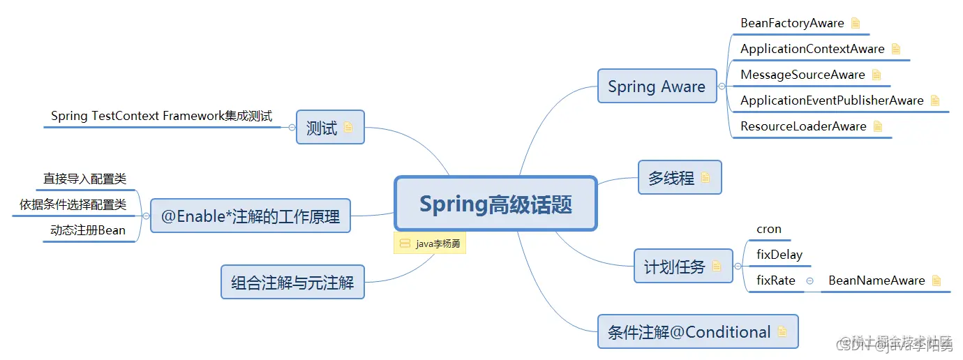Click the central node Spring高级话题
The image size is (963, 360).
click(495, 204)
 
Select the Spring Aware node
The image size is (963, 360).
click(657, 87)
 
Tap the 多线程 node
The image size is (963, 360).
click(671, 178)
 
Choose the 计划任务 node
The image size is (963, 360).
click(674, 267)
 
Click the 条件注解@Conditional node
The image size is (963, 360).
click(689, 332)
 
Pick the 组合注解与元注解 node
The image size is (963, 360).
click(292, 283)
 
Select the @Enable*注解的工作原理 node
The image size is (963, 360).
click(251, 216)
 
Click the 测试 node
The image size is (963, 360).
click(322, 128)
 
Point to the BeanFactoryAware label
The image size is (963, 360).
click(792, 23)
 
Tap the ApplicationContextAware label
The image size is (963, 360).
click(812, 49)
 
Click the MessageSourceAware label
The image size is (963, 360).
click(802, 75)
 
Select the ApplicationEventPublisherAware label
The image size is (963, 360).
click(832, 100)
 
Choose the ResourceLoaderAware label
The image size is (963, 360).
click(803, 126)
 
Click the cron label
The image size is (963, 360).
click(769, 229)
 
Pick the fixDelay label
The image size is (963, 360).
click(779, 255)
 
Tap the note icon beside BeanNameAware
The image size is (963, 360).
click(936, 280)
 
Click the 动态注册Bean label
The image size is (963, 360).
click(88, 230)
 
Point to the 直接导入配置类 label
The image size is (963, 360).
click(84, 179)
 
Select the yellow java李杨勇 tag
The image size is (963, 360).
click(430, 243)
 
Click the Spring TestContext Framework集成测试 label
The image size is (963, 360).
click(161, 116)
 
